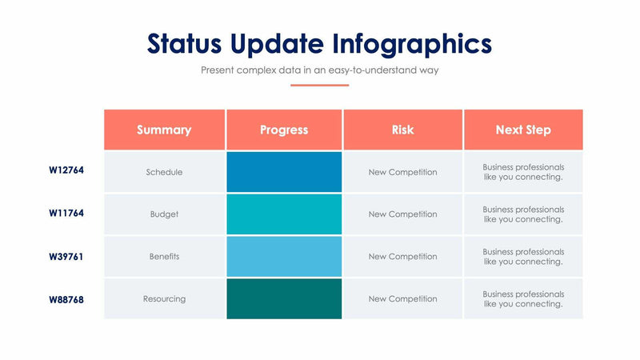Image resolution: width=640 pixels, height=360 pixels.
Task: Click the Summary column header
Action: pyautogui.click(x=164, y=130)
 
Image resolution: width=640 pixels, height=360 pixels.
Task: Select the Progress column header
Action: pyautogui.click(x=284, y=130)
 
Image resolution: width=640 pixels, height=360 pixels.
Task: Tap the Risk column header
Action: pyautogui.click(x=402, y=130)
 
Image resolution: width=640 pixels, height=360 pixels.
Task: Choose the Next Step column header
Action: pyautogui.click(x=523, y=130)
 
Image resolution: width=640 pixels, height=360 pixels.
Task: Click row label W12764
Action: pyautogui.click(x=66, y=170)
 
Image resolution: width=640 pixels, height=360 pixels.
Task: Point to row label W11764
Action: pyautogui.click(x=66, y=214)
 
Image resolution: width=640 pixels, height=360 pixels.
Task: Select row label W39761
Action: pyautogui.click(x=66, y=257)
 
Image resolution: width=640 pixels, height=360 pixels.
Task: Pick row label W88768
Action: pyautogui.click(x=66, y=299)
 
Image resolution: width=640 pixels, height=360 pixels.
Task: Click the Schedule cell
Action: pyautogui.click(x=164, y=172)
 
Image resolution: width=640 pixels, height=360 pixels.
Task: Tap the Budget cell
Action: pyautogui.click(x=164, y=214)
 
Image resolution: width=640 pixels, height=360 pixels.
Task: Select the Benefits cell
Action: pyautogui.click(x=164, y=257)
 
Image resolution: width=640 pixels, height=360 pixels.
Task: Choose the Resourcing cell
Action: pyautogui.click(x=164, y=299)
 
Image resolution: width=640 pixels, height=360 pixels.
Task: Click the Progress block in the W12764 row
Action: pyautogui.click(x=284, y=172)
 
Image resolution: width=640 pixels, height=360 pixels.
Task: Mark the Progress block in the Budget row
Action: pyautogui.click(x=284, y=214)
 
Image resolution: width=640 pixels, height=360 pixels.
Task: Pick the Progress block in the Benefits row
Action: pyautogui.click(x=284, y=257)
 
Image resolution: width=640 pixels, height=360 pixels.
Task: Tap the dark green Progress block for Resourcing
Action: pyautogui.click(x=284, y=299)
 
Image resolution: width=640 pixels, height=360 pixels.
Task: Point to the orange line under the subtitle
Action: pyautogui.click(x=319, y=85)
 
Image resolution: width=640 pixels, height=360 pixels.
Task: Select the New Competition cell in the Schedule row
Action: pyautogui.click(x=402, y=172)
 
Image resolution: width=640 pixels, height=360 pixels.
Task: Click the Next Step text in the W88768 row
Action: pyautogui.click(x=523, y=299)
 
